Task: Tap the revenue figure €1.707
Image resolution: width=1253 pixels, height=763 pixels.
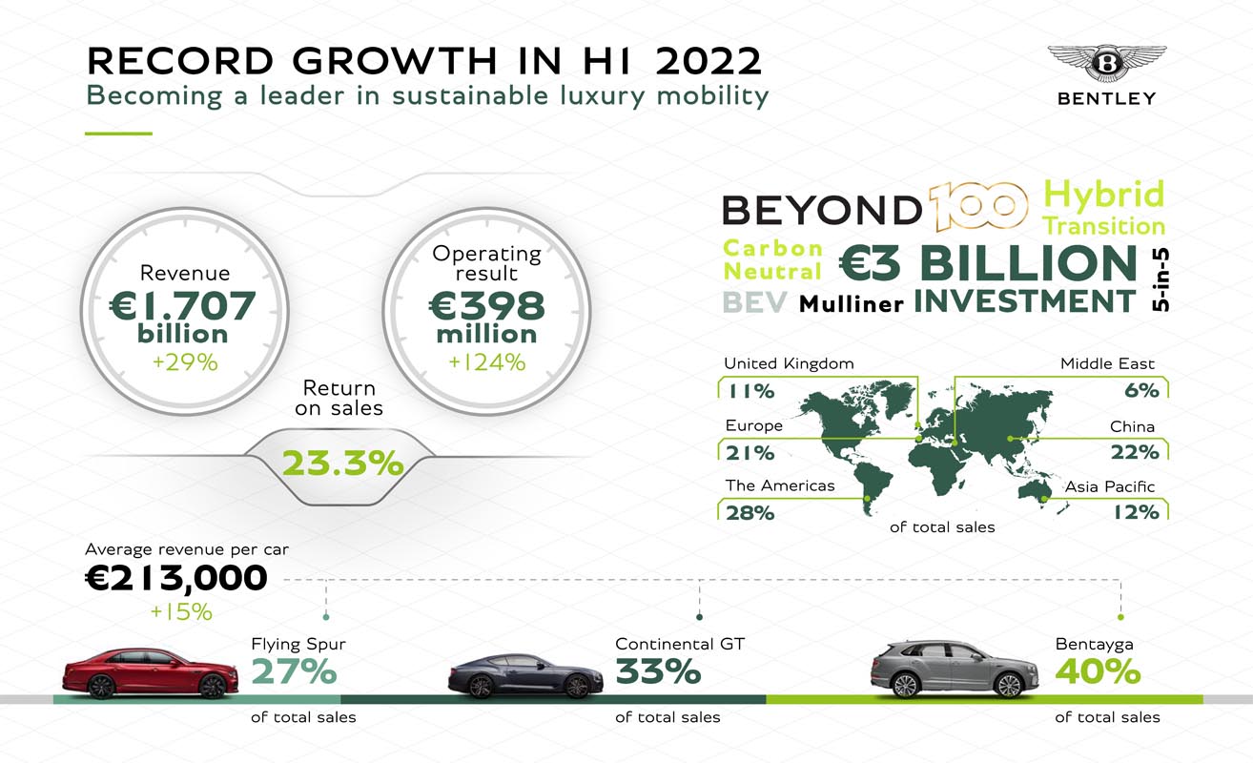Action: pos(181,305)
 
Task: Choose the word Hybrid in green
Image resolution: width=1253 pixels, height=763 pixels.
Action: pos(1104,195)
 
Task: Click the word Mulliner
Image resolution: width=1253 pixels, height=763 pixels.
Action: pos(851,304)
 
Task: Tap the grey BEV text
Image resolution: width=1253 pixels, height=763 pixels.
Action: pos(754,302)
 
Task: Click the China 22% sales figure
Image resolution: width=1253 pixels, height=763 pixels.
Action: pos(1134,451)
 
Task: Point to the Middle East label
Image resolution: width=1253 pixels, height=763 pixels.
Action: pos(1107,363)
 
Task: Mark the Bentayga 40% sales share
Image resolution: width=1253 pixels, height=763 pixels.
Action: pos(1098,672)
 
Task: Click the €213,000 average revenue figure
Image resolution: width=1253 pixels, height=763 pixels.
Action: pos(176,578)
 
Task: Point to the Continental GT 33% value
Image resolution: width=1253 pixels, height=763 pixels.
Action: pos(658,672)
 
